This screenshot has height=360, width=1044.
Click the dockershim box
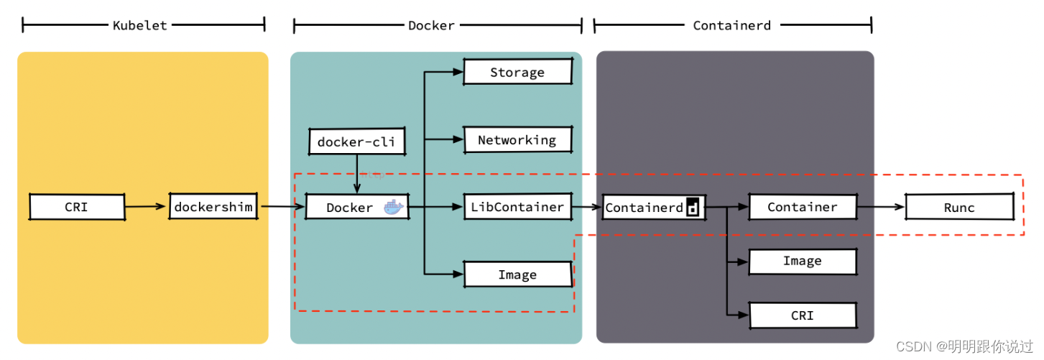[213, 206]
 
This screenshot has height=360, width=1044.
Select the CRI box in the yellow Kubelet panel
[77, 206]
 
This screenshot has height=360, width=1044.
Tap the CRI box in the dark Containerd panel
[803, 315]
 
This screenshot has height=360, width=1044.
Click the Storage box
[517, 72]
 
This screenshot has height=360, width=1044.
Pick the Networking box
[517, 139]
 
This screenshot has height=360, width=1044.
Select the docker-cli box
[357, 142]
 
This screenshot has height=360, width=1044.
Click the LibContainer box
[517, 206]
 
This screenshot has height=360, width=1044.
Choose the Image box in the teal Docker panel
[517, 274]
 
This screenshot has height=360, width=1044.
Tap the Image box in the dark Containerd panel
[803, 262]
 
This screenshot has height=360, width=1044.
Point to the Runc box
[959, 207]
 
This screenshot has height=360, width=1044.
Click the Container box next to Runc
[803, 206]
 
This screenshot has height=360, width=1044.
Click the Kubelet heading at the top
[140, 25]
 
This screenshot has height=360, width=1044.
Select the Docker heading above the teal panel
[431, 25]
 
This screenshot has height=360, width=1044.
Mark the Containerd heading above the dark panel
[731, 25]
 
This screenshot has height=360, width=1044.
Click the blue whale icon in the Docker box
[393, 207]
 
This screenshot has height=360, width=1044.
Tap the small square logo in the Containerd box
[693, 207]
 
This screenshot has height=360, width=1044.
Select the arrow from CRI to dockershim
[145, 206]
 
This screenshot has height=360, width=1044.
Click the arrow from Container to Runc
[881, 206]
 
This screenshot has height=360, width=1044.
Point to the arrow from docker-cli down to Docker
[357, 174]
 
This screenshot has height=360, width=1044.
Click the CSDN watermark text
[964, 346]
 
